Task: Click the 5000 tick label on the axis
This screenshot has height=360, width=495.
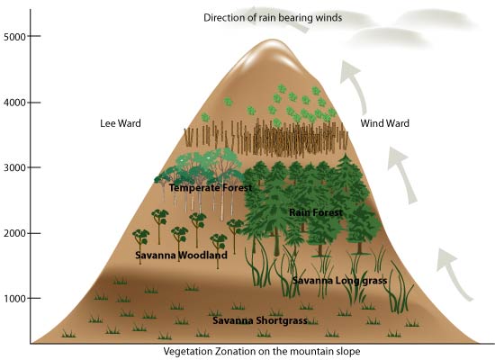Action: point(14,37)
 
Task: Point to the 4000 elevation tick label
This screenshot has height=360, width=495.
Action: point(14,103)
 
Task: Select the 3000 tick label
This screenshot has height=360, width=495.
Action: point(14,167)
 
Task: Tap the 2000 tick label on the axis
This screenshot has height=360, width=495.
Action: point(14,233)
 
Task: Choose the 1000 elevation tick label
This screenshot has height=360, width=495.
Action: point(14,299)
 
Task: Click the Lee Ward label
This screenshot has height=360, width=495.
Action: point(121,123)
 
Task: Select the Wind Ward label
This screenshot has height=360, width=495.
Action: point(385,123)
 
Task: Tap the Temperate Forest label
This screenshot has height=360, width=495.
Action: point(211,188)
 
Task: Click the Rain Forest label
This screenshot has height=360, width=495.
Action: point(316,212)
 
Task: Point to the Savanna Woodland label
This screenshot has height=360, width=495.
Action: point(181,256)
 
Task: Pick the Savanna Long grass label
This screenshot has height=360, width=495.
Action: point(339,281)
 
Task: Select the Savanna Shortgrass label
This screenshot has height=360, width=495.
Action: point(260,320)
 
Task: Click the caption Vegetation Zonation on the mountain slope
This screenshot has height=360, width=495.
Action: point(262,352)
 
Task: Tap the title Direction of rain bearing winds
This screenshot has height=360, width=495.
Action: point(273,18)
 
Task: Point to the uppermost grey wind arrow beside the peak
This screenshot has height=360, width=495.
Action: point(356,85)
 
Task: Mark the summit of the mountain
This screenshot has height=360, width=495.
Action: point(273,40)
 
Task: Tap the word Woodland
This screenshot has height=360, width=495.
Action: point(203,256)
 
